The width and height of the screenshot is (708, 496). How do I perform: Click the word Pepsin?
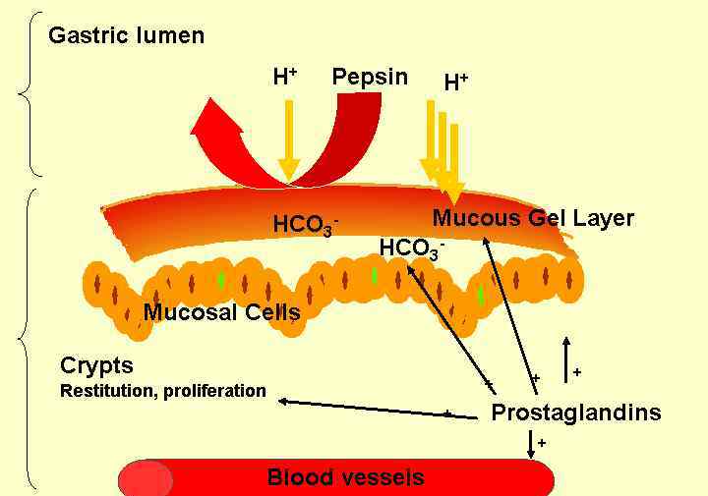[370, 77]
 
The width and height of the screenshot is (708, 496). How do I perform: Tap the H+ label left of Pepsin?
[285, 77]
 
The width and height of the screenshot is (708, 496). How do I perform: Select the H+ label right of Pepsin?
[456, 83]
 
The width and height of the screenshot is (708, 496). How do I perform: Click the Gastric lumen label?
[127, 36]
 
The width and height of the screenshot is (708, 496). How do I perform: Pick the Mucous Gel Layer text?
[533, 218]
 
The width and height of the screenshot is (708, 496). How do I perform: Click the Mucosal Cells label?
[221, 312]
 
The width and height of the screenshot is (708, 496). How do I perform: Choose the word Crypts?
[96, 365]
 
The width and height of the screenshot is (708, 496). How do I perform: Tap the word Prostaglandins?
[575, 413]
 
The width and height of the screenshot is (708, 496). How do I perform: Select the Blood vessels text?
[345, 478]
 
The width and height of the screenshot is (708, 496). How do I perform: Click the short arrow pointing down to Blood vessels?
[531, 444]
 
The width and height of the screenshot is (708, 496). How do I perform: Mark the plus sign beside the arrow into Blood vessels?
[542, 444]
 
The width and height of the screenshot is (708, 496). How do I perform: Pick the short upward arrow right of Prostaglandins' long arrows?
[564, 358]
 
